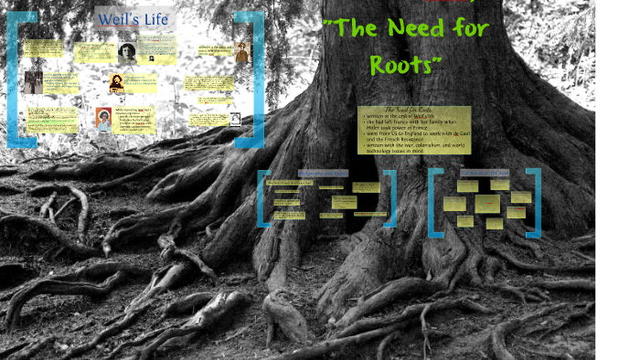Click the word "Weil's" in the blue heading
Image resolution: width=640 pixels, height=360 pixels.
[x=118, y=19]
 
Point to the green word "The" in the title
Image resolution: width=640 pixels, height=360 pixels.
[x=351, y=28]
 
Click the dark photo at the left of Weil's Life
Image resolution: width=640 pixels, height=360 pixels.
[x=34, y=83]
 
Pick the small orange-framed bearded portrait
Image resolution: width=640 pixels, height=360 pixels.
[x=117, y=84]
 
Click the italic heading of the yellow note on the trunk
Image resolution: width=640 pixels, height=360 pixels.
[x=413, y=111]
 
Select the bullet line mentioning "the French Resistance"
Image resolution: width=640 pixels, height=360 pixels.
[x=403, y=140]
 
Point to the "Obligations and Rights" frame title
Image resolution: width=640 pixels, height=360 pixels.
[x=324, y=172]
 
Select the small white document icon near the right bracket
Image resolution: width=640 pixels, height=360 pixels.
[x=235, y=118]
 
